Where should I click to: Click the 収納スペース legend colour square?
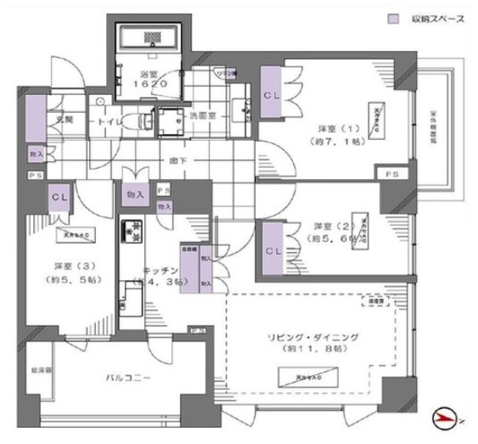[394, 17]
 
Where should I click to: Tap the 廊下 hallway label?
[177, 160]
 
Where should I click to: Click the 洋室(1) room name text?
[332, 128]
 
